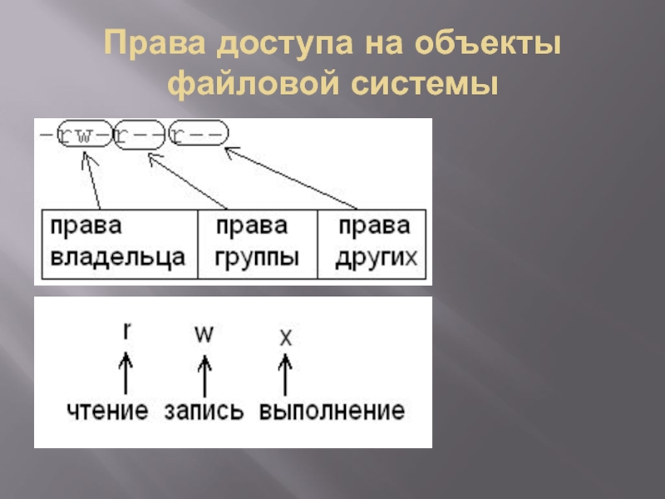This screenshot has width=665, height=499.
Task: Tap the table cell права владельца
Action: tap(118, 243)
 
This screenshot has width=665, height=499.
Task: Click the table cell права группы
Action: tap(257, 243)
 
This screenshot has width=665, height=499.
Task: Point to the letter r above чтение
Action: tap(126, 330)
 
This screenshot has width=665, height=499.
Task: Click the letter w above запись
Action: tap(204, 333)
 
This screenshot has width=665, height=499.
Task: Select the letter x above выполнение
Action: tap(285, 337)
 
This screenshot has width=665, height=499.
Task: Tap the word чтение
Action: tap(108, 411)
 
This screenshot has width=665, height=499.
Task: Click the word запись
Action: tap(204, 411)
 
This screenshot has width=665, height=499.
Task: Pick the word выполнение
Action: tap(331, 411)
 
